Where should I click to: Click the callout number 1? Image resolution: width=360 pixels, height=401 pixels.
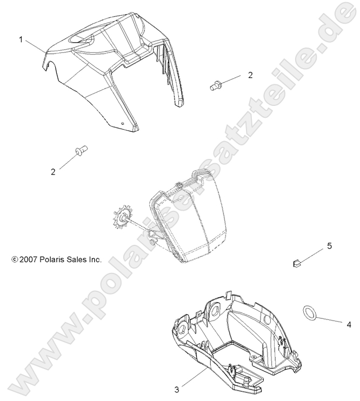[21, 39]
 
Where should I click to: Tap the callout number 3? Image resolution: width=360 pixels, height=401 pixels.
[177, 387]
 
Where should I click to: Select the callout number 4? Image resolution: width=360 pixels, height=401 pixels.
[349, 325]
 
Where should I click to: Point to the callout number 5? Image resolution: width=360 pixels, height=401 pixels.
[329, 247]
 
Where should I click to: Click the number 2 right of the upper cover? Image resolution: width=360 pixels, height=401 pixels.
[250, 75]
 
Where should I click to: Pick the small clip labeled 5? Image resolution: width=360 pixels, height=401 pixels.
[296, 263]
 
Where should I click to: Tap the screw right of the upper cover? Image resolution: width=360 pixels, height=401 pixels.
[216, 84]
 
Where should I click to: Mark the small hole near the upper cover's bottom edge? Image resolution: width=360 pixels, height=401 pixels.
[123, 124]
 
